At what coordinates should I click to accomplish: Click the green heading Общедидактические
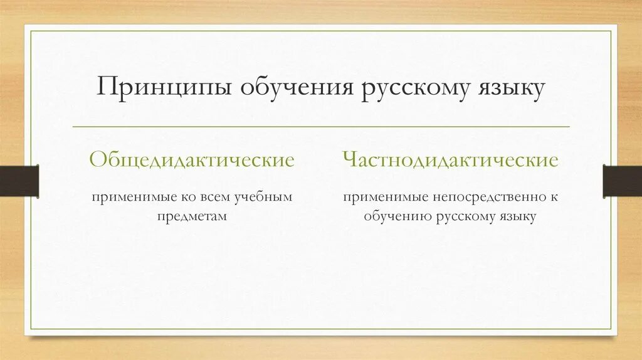192,160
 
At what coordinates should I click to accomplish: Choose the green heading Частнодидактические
450,160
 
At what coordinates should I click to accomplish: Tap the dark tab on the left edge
19,180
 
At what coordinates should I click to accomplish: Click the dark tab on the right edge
622,180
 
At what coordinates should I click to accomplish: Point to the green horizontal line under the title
321,127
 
